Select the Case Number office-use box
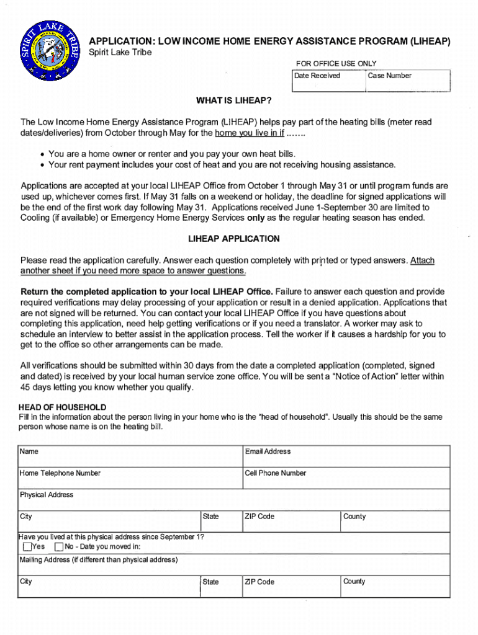click(x=407, y=82)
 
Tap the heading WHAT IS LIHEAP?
click(x=234, y=100)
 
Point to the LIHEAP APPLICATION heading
click(x=233, y=239)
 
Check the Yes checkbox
click(x=27, y=547)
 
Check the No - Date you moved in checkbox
click(x=59, y=547)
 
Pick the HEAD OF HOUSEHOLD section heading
click(x=62, y=407)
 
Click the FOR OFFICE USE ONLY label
click(x=336, y=64)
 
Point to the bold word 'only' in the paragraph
click(x=256, y=218)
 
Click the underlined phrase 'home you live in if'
click(x=249, y=133)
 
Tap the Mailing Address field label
click(x=98, y=560)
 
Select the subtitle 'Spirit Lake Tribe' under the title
click(x=120, y=52)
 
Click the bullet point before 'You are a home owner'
click(x=41, y=154)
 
